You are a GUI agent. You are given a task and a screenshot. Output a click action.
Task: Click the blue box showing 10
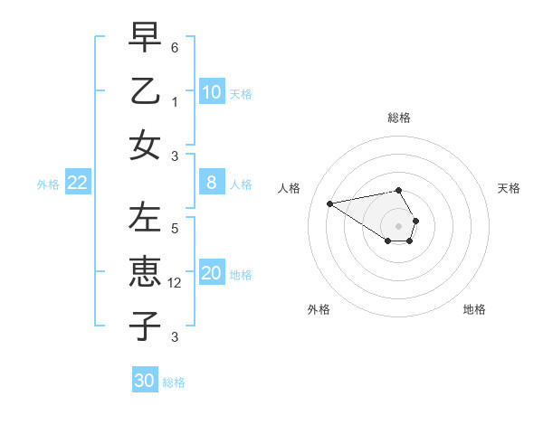212,91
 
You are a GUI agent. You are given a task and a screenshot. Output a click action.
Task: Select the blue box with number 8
212,183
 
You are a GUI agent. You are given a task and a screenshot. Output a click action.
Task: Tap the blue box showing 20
212,273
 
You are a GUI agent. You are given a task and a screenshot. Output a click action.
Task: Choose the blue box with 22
78,183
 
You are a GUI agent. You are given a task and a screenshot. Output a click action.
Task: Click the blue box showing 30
145,381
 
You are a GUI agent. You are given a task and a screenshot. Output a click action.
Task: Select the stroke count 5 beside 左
175,229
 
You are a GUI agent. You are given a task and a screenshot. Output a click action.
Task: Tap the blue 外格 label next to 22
48,184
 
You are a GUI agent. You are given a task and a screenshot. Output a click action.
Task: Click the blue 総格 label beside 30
174,382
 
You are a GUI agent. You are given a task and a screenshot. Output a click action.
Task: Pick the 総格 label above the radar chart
398,118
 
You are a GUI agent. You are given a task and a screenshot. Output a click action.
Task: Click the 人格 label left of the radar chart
290,188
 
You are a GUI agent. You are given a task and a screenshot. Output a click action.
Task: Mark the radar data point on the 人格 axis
330,203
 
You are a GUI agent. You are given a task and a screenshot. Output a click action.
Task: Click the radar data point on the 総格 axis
398,190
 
